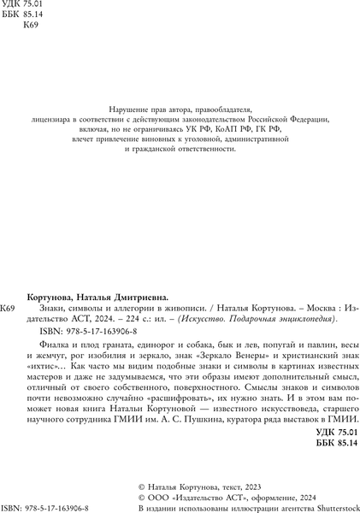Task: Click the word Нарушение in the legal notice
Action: tap(125, 109)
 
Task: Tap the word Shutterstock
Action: tap(328, 507)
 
